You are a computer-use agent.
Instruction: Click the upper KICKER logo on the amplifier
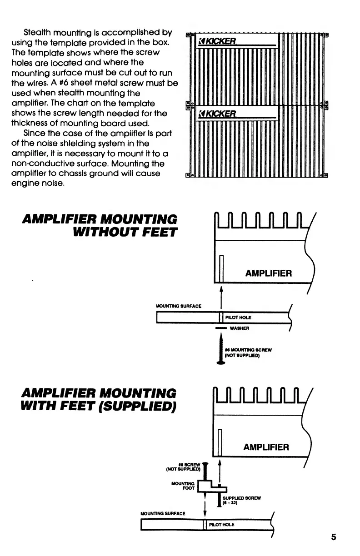click(x=217, y=42)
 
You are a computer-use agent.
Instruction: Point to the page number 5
click(x=334, y=537)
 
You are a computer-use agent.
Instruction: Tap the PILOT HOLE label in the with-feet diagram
click(x=222, y=525)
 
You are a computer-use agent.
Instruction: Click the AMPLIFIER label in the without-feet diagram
click(x=269, y=273)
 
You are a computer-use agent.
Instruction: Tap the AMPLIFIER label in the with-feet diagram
click(x=266, y=447)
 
